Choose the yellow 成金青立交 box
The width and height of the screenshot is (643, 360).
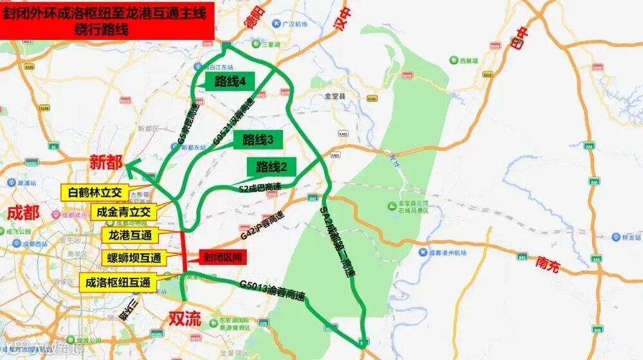tap(123, 212)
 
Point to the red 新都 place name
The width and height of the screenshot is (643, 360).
tap(105, 162)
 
